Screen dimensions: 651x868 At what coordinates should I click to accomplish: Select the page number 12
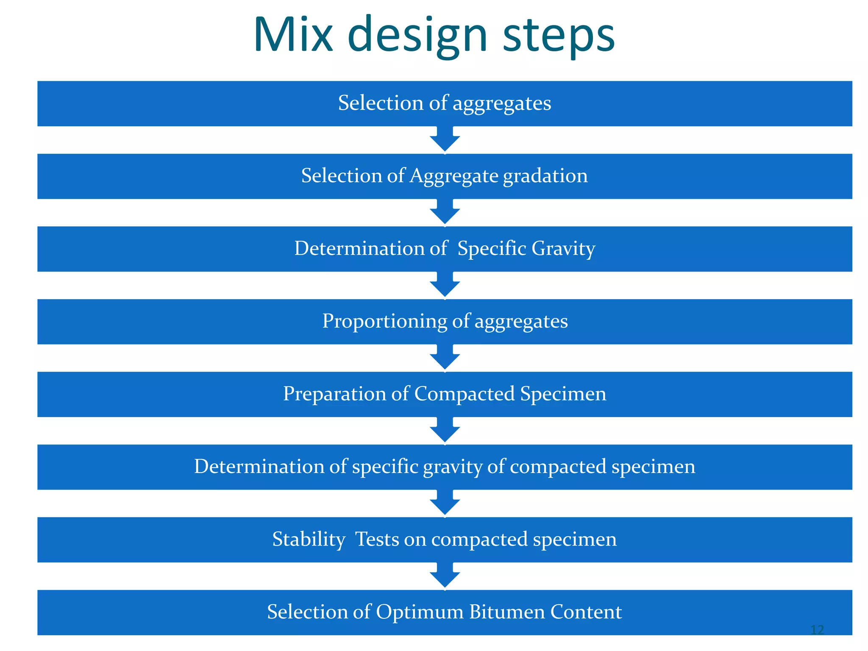[817, 630]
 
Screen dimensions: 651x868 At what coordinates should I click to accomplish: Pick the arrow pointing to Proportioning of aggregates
[445, 285]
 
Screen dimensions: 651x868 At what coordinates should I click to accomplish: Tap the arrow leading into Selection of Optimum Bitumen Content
[445, 576]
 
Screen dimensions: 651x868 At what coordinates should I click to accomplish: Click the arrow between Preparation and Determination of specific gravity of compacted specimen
[445, 431]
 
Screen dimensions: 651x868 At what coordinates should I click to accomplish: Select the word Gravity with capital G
[563, 249]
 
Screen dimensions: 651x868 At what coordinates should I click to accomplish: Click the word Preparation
[334, 394]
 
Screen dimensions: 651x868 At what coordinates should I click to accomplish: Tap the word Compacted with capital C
[465, 394]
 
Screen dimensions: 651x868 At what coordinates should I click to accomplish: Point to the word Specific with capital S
[492, 249]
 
